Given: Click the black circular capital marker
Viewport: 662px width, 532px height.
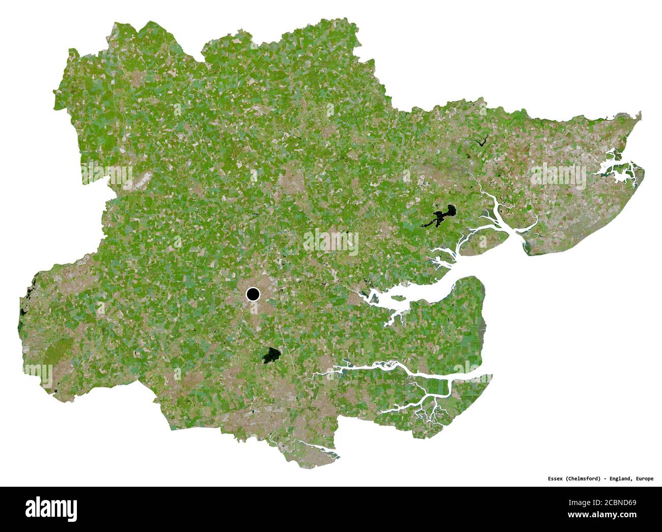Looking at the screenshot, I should (x=253, y=294).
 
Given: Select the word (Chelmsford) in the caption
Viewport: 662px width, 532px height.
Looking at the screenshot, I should (x=580, y=479).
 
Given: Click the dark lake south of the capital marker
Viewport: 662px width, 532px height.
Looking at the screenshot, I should (x=271, y=356).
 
